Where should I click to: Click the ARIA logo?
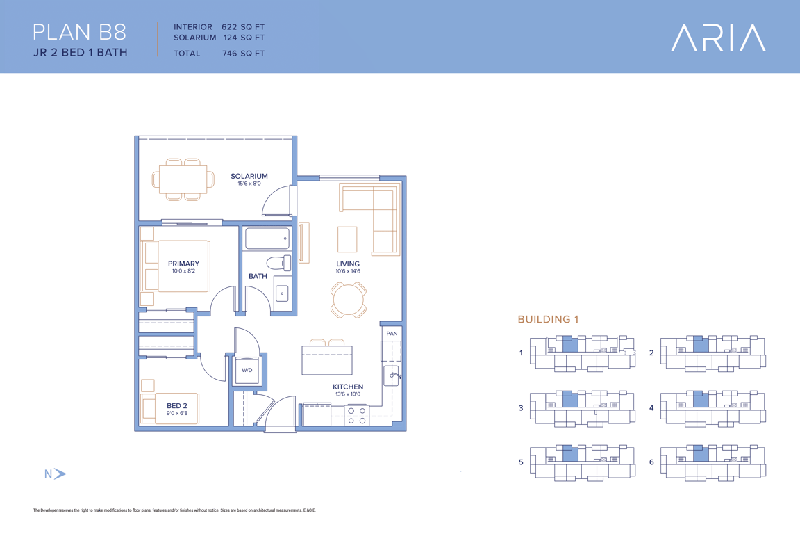pos(718,38)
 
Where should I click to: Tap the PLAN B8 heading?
pos(79,32)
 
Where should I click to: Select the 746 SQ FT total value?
pos(243,53)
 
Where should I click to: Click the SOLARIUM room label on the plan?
pos(249,177)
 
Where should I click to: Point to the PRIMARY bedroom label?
pos(183,264)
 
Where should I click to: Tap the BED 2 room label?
pos(177,406)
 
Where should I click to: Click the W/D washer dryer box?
pos(247,370)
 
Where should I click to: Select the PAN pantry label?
pos(392,334)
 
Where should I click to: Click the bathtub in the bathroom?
pos(267,238)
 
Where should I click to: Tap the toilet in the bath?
pos(278,263)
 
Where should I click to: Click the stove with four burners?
pos(357,415)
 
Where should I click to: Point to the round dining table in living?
pos(349,300)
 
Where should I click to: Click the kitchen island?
pos(327,359)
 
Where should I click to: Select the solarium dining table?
pos(183,179)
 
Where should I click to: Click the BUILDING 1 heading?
pos(548,319)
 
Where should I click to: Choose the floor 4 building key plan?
pos(712,408)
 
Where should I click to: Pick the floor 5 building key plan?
pos(583,462)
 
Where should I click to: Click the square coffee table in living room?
pos(347,239)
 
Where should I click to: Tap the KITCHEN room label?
pos(348,387)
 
